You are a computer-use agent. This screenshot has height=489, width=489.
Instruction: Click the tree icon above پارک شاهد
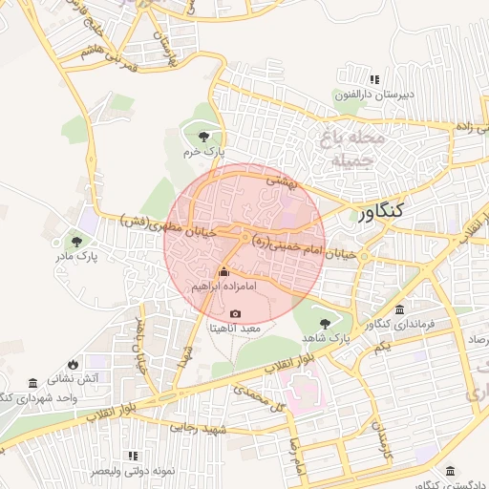click(326, 324)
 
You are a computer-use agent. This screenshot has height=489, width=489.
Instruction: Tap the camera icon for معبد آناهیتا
click(236, 313)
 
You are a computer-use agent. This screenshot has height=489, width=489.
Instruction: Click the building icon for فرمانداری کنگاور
click(398, 309)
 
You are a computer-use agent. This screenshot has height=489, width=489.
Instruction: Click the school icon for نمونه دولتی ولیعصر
click(133, 457)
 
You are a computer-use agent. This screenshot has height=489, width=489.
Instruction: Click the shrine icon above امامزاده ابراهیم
click(224, 271)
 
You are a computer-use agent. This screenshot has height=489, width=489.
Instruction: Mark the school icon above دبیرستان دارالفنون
click(375, 79)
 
